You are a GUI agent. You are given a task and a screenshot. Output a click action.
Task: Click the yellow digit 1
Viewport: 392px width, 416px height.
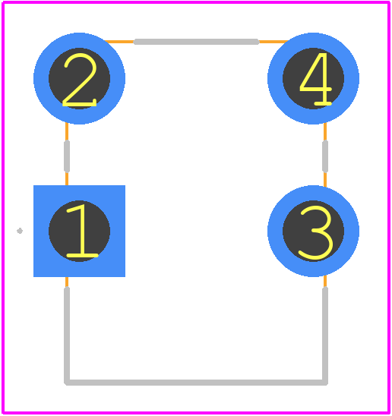pyautogui.click(x=81, y=231)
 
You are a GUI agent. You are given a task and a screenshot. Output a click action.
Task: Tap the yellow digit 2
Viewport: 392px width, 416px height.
pyautogui.click(x=80, y=80)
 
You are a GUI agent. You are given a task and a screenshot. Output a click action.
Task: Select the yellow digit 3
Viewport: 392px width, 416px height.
pyautogui.click(x=316, y=233)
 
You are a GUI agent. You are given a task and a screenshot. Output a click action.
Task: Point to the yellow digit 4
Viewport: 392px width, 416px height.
pyautogui.click(x=315, y=79)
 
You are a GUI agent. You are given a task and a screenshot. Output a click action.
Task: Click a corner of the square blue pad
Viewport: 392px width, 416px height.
pyautogui.click(x=33, y=185)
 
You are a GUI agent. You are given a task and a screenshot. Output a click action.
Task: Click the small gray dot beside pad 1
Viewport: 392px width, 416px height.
pyautogui.click(x=20, y=231)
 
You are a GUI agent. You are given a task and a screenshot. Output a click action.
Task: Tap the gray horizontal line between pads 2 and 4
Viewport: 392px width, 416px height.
pyautogui.click(x=196, y=42)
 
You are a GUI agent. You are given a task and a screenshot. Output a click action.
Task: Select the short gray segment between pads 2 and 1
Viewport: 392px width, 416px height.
pyautogui.click(x=67, y=156)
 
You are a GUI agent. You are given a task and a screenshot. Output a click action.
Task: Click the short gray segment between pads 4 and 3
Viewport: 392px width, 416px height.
pyautogui.click(x=325, y=156)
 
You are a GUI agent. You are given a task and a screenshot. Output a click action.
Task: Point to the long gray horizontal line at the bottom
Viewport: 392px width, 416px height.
pyautogui.click(x=196, y=383)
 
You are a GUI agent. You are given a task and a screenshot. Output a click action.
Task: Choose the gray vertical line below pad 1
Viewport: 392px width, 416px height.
pyautogui.click(x=67, y=336)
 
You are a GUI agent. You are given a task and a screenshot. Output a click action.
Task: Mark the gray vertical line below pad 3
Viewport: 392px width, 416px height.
pyautogui.click(x=325, y=336)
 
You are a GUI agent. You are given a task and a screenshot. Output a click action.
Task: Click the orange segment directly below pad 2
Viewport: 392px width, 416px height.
pyautogui.click(x=67, y=131)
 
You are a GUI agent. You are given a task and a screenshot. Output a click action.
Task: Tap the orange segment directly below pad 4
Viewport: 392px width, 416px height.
pyautogui.click(x=325, y=131)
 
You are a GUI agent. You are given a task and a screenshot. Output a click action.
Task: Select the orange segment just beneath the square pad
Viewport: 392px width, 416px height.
pyautogui.click(x=67, y=282)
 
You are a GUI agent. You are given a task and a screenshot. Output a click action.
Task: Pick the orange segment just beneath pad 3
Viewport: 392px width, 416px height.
pyautogui.click(x=325, y=282)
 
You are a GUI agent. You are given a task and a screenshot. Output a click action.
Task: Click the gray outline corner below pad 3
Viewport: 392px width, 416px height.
pyautogui.click(x=325, y=383)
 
